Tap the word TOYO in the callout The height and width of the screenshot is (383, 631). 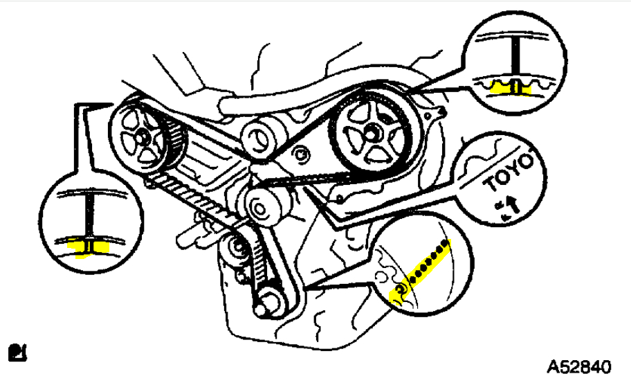click(510, 175)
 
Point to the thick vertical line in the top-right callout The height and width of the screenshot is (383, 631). click(515, 62)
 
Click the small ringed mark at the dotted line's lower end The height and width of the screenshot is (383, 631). click(401, 289)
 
